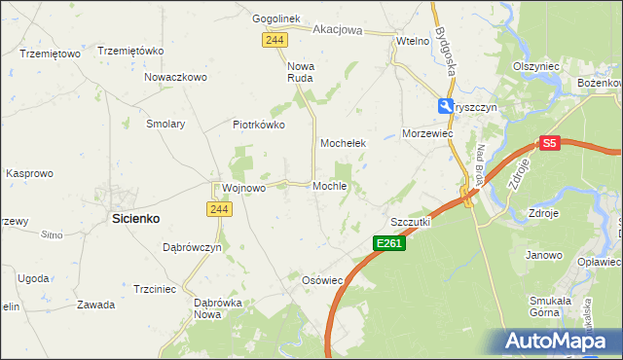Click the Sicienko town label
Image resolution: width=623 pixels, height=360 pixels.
[x=135, y=219]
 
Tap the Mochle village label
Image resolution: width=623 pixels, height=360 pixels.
[x=330, y=186]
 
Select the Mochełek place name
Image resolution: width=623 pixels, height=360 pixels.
[x=343, y=143]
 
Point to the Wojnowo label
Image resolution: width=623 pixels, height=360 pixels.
[x=243, y=188]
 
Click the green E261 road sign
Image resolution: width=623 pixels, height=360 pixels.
[x=388, y=242]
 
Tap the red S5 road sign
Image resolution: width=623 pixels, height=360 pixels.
[x=550, y=143]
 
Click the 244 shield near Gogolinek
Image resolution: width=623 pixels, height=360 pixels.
[x=274, y=38]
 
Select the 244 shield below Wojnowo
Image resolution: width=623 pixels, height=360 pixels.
[x=217, y=208]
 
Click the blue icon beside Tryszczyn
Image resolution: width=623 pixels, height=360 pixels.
[x=444, y=107]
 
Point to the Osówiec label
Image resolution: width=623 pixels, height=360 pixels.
[x=323, y=279]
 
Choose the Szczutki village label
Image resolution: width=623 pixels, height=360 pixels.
[x=410, y=222]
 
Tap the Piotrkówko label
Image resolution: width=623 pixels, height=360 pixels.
[x=258, y=125]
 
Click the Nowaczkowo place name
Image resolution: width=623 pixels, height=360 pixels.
[x=176, y=77]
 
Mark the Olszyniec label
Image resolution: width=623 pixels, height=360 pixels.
[x=535, y=66]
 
